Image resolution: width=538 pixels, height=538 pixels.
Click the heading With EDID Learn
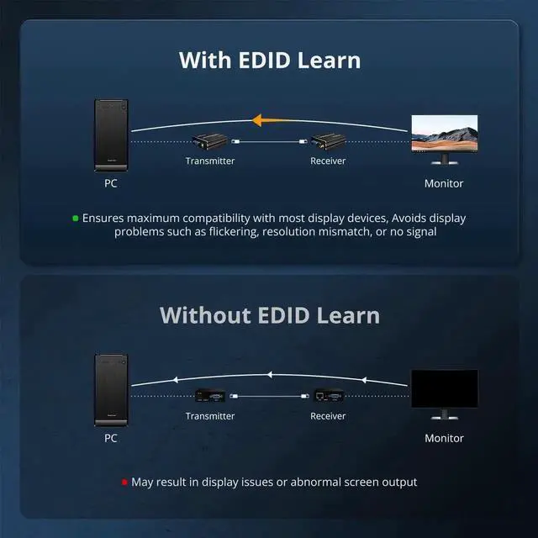tap(269, 61)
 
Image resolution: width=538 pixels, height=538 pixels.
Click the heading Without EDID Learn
tap(269, 315)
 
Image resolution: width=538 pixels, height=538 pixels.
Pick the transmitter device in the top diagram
tap(209, 141)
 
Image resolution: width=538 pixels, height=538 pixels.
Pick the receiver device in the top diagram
tap(327, 141)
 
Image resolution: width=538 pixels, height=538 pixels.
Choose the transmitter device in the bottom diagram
tap(209, 395)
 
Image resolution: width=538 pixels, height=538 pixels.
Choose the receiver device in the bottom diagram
tap(327, 395)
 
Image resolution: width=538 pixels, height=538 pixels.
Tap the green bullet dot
tap(75, 218)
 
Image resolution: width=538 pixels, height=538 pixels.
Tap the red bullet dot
tap(124, 483)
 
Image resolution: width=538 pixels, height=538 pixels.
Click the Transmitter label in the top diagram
tap(210, 161)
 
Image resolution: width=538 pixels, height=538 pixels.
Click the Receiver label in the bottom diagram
tap(328, 415)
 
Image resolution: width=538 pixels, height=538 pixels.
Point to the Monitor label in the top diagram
tap(444, 183)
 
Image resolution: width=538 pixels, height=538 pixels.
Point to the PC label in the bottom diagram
tap(111, 438)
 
